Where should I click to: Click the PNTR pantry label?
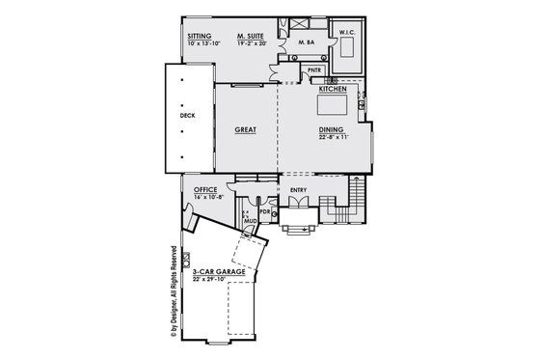click(x=314, y=70)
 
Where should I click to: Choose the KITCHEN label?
click(x=333, y=89)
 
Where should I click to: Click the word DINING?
click(x=333, y=128)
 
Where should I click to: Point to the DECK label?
click(x=187, y=116)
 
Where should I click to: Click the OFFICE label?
click(x=205, y=189)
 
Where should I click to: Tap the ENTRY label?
click(x=298, y=190)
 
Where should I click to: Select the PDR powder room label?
click(x=263, y=212)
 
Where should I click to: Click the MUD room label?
click(x=250, y=221)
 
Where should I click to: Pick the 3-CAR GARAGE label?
click(x=218, y=273)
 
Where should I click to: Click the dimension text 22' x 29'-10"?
click(x=218, y=281)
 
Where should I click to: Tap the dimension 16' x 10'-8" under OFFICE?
click(x=208, y=197)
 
